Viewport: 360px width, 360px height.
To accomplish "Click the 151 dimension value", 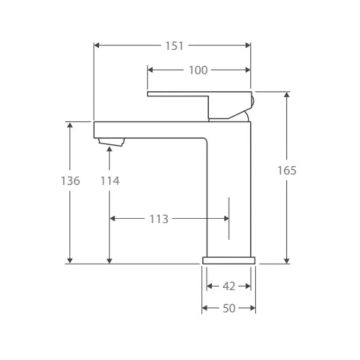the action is (x=175, y=46).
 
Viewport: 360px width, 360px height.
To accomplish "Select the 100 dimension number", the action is (x=198, y=70).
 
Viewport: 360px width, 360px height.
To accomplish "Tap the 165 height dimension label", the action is (x=287, y=170).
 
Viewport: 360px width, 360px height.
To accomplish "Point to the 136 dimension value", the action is (x=70, y=181).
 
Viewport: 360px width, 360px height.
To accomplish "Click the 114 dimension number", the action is (x=110, y=181).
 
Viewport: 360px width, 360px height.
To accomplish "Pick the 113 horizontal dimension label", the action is (x=159, y=219).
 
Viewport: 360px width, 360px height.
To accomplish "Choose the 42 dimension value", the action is (x=229, y=287).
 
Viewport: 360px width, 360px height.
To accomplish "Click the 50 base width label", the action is (x=229, y=308).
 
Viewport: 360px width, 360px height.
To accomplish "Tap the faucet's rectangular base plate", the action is (x=229, y=260).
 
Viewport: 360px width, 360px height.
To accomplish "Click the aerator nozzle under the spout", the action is (x=112, y=142).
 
